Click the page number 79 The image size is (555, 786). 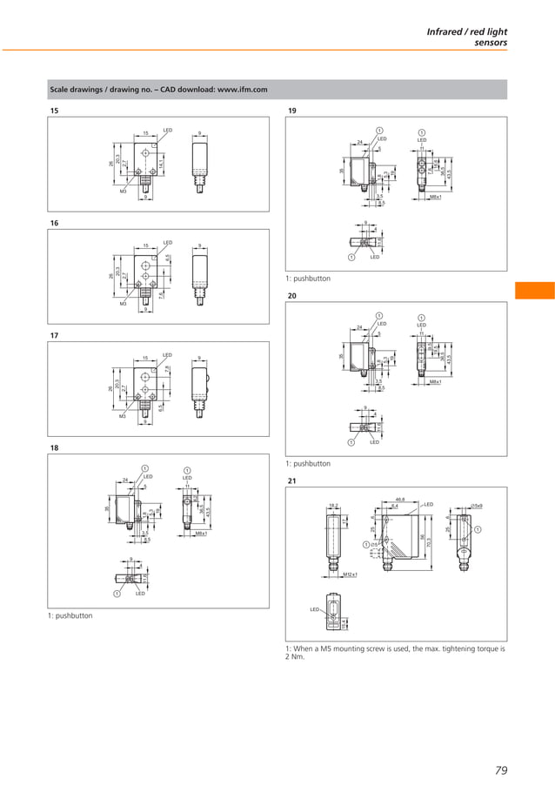[500, 769]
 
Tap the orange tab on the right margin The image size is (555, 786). [534, 290]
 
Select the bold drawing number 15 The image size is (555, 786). [54, 111]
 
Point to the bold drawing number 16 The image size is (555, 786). [54, 224]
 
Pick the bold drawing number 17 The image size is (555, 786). [54, 335]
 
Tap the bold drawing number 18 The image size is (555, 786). [54, 447]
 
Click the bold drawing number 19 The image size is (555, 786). [292, 111]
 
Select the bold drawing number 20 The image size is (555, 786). [292, 296]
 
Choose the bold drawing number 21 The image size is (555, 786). [292, 480]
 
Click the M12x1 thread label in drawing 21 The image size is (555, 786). [351, 574]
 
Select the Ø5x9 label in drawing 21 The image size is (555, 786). [478, 506]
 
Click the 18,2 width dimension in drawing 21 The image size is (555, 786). [334, 505]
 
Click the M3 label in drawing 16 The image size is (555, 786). [123, 305]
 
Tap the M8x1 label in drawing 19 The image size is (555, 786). [435, 198]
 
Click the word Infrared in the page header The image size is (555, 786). [445, 31]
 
